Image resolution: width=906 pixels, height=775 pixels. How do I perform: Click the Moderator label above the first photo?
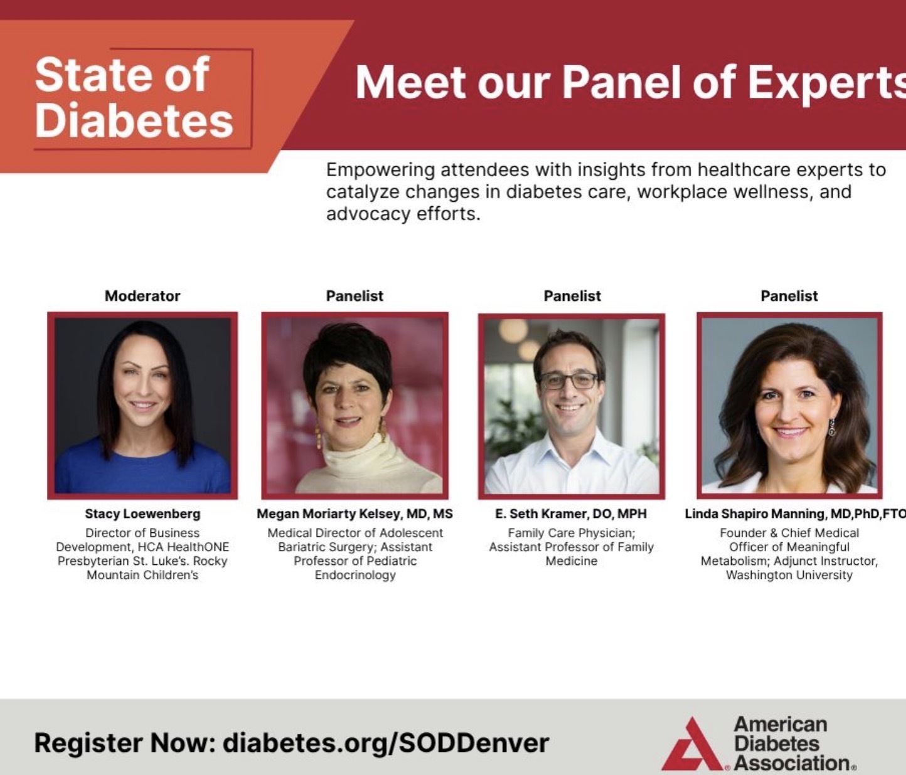tap(142, 296)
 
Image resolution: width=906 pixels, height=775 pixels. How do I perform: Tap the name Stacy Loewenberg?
tap(142, 514)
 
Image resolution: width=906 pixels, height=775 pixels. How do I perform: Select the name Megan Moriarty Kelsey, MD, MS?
tap(354, 514)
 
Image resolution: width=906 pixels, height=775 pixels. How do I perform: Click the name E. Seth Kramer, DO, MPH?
tap(571, 514)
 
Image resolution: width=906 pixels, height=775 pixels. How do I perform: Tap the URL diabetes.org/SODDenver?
tap(386, 743)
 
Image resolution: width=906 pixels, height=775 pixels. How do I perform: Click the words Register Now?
tap(125, 743)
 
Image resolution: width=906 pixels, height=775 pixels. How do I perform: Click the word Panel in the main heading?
tap(623, 83)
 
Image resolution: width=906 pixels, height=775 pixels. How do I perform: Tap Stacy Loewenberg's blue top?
tap(142, 471)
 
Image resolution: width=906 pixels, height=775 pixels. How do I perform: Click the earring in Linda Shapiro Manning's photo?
tap(832, 427)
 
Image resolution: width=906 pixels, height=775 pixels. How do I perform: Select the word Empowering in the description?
tap(380, 171)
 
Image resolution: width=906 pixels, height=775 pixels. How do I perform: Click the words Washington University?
tap(789, 575)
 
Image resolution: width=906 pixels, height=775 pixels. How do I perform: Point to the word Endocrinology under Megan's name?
tap(355, 575)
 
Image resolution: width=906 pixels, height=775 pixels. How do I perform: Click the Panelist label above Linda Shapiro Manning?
tap(789, 296)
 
